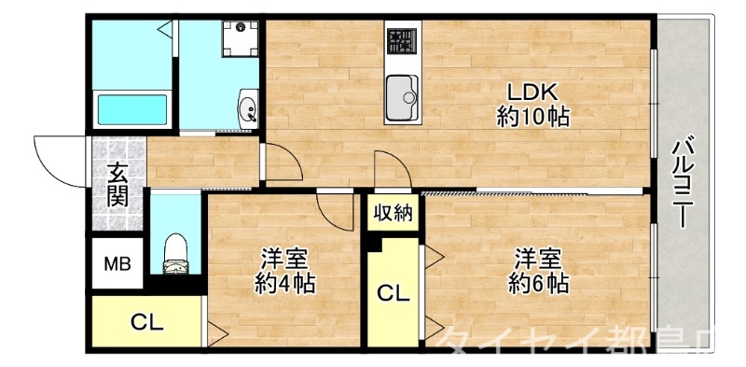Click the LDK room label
(x=532, y=92)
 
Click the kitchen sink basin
(x=404, y=92)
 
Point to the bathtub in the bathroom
(x=131, y=108)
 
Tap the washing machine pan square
(x=238, y=39)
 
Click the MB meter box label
(x=117, y=264)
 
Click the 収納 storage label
(x=393, y=214)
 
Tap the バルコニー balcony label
(x=683, y=182)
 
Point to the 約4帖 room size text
(x=284, y=283)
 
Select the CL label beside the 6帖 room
(x=393, y=294)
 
